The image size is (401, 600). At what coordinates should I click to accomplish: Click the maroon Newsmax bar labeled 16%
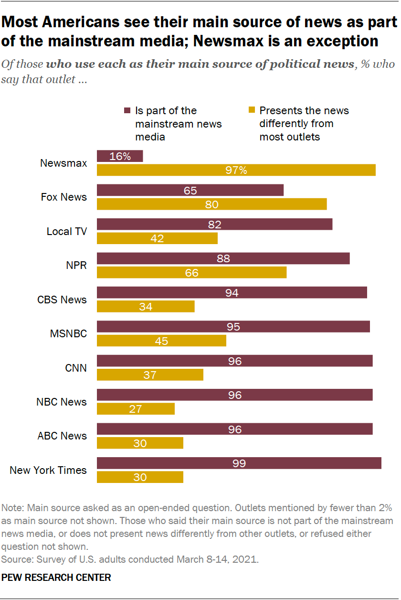[120, 156]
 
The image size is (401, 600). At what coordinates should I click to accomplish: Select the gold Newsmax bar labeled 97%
[236, 170]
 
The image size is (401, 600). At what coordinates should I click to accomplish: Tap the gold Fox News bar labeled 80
[211, 204]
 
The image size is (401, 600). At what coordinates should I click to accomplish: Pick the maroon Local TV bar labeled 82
[214, 224]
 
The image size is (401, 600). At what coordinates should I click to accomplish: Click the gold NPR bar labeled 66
[191, 272]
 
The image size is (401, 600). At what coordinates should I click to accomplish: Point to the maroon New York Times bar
[239, 463]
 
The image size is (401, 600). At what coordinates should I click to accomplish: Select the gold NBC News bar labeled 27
[136, 409]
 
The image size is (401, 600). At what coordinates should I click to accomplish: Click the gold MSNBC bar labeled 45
[161, 341]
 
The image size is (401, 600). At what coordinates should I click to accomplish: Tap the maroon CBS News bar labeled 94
[232, 292]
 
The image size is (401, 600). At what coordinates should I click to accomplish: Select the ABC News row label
[62, 436]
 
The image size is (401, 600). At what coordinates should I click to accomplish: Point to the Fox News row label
[63, 197]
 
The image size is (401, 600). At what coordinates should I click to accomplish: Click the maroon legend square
[127, 111]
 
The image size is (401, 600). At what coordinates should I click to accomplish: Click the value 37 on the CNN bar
[150, 375]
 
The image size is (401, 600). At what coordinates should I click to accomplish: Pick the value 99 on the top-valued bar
[239, 463]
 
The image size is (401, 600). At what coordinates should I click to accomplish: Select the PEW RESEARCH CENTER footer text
[56, 578]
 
